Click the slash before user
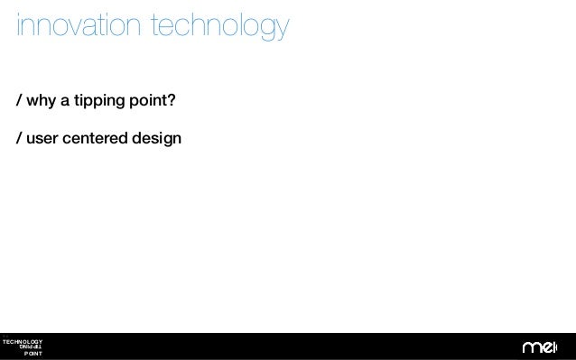click(19, 139)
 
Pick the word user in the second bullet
click(42, 139)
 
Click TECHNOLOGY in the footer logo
click(22, 341)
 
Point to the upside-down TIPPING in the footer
click(29, 347)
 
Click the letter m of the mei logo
click(530, 348)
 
